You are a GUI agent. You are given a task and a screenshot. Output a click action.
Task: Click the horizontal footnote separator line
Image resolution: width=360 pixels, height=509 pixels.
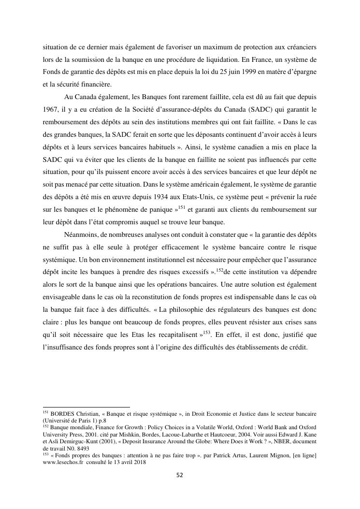coord(86,407)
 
